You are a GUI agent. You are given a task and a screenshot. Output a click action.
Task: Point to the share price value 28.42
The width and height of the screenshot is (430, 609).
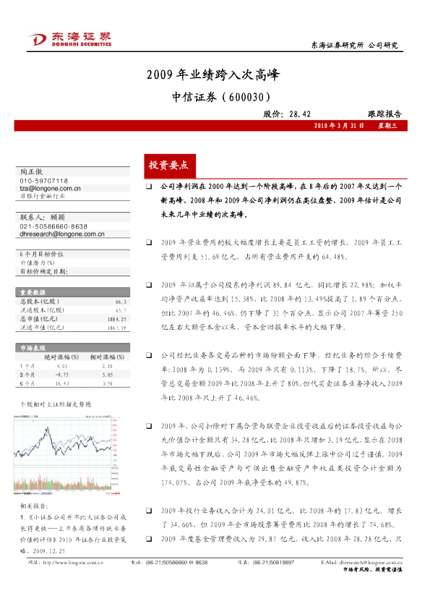click(298, 114)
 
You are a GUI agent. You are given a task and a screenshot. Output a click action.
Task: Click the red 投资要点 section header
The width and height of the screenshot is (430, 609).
click(168, 165)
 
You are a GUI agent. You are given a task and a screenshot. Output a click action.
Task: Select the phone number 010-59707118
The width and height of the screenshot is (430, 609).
click(44, 180)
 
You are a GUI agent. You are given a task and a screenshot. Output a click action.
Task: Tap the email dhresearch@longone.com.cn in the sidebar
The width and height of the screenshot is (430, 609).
click(61, 234)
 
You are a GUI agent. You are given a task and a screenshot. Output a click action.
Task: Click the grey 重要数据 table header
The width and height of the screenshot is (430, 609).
click(34, 292)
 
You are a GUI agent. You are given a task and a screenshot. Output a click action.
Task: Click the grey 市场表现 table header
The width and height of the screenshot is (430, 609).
click(34, 348)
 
